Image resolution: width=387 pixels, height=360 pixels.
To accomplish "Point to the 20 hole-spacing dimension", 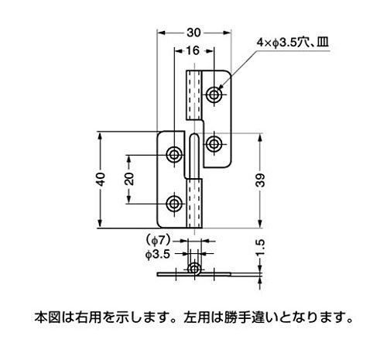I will pos(129,179).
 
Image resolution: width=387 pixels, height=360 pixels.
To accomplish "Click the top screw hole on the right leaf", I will pos(214,94).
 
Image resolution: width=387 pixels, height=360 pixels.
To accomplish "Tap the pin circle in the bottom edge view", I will pos(195,270).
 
